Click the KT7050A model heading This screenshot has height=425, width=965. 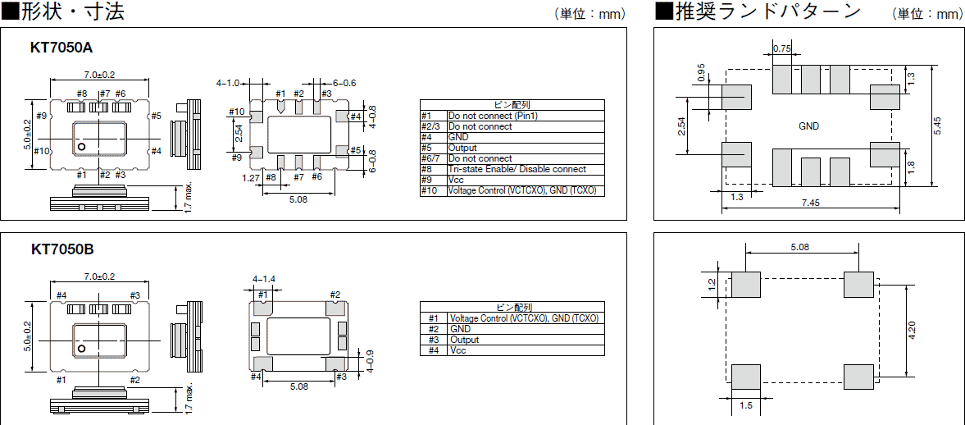(61, 48)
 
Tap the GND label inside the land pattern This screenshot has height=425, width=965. (808, 126)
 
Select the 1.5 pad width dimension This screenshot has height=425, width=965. (745, 406)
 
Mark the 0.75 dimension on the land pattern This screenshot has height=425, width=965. (782, 49)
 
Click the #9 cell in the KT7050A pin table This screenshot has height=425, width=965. (433, 180)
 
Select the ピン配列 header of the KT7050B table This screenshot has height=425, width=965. (512, 307)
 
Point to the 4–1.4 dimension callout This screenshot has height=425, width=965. (264, 279)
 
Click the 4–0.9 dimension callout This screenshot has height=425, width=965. (370, 359)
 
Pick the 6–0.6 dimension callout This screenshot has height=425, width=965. (344, 83)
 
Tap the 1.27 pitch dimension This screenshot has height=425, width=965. (251, 177)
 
